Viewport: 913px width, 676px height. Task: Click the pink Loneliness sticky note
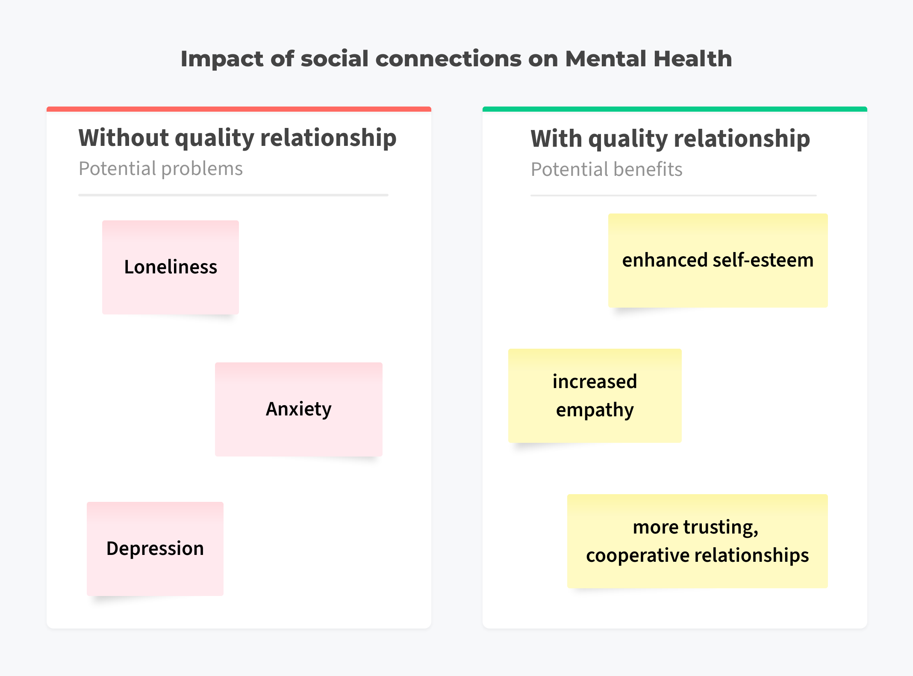coord(171,267)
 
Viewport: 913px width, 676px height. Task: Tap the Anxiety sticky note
coord(299,409)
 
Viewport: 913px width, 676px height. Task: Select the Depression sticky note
coord(155,549)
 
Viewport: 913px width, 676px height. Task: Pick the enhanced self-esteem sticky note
coord(718,261)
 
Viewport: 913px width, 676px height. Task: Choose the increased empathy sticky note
coord(595,396)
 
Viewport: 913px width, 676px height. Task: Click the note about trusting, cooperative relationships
coord(698,541)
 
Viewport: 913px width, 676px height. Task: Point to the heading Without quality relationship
coord(238,139)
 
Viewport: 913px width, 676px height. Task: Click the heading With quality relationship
coord(670,139)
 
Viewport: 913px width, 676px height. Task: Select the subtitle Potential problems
coord(161,169)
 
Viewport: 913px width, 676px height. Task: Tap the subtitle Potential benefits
coord(607,169)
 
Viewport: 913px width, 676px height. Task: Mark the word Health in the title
coord(693,59)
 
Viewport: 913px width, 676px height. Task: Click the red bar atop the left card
coord(239,109)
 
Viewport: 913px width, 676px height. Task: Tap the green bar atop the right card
coord(675,109)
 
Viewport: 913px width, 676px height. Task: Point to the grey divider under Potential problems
coord(233,195)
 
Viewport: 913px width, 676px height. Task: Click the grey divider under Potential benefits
coord(674,196)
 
